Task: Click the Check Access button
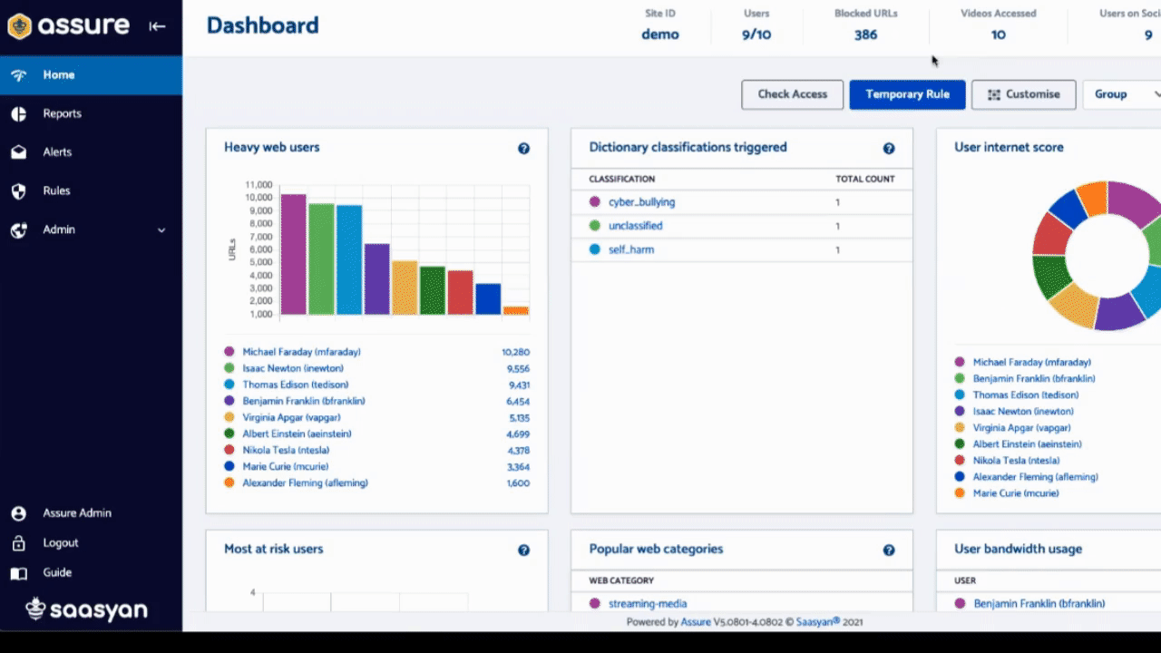(792, 94)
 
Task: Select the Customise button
(1023, 94)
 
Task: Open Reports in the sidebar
(62, 113)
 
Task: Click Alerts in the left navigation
(57, 152)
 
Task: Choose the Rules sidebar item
(56, 190)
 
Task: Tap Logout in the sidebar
(60, 542)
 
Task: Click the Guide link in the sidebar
(57, 572)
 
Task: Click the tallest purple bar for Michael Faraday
(293, 254)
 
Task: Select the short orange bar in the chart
(515, 310)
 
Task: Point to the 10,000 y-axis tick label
(259, 198)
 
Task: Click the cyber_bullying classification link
(641, 202)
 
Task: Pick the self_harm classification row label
(630, 249)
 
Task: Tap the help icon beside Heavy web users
(523, 148)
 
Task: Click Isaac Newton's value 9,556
(518, 369)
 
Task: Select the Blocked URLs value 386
(865, 34)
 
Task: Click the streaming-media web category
(648, 603)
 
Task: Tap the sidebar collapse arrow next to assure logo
(157, 26)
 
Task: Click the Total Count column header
(864, 179)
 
